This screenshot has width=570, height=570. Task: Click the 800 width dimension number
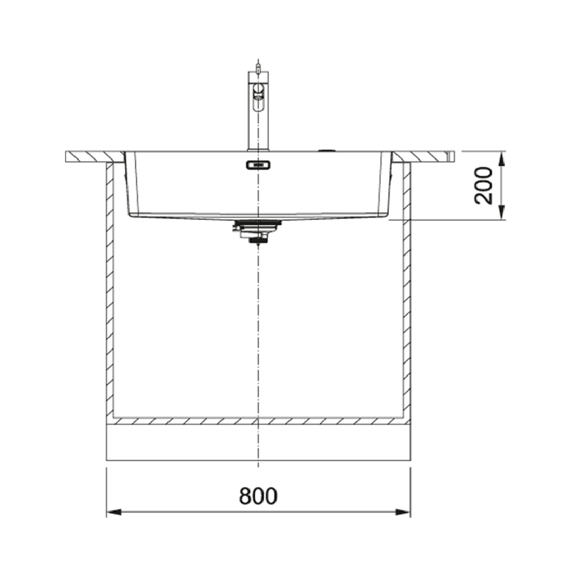point(258,496)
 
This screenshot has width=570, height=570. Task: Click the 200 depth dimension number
point(484,186)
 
